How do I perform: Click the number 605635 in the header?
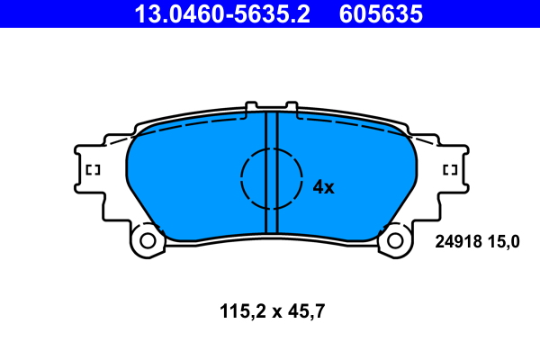(x=379, y=13)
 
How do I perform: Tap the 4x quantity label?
(x=323, y=187)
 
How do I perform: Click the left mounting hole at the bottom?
(x=147, y=240)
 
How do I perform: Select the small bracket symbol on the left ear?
(x=92, y=169)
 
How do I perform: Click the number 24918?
(x=458, y=241)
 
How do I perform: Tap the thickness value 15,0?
(x=504, y=241)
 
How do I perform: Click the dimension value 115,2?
(x=239, y=312)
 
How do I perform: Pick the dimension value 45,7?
(x=305, y=312)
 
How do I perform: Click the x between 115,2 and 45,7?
(x=274, y=313)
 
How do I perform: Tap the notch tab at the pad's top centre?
(x=272, y=108)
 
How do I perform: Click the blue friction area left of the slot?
(x=189, y=180)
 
